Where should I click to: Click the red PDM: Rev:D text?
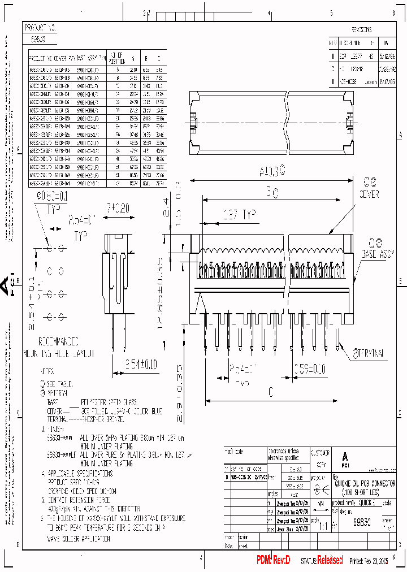click(273, 560)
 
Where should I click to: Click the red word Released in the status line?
click(330, 560)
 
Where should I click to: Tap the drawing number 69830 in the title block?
click(354, 524)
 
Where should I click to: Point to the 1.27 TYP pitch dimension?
click(228, 215)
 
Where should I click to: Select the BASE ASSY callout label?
click(376, 254)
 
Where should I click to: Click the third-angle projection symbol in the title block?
click(322, 492)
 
